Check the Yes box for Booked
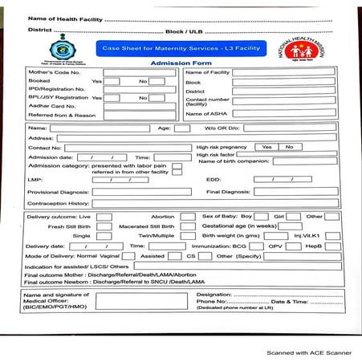pyautogui.click(x=112, y=81)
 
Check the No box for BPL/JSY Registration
pyautogui.click(x=157, y=98)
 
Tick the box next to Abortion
pyautogui.click(x=187, y=217)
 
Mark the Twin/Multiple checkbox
pyautogui.click(x=187, y=236)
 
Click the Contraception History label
pyautogui.click(x=59, y=204)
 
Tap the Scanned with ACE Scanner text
pyautogui.click(x=309, y=352)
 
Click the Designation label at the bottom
pyautogui.click(x=214, y=295)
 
